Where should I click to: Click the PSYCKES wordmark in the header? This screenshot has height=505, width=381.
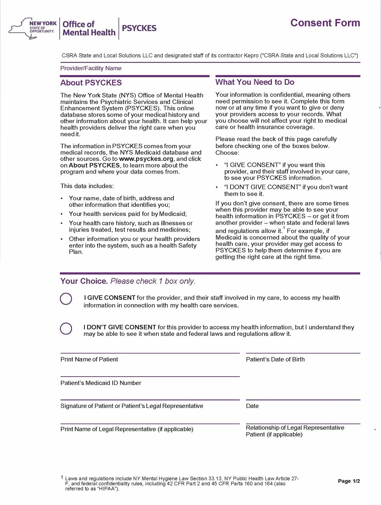point(139,28)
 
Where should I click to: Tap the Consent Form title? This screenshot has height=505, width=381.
point(325,23)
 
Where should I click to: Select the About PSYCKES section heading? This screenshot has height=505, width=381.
point(91,83)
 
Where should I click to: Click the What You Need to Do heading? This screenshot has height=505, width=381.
point(255,82)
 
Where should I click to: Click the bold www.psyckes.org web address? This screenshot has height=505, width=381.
point(146,159)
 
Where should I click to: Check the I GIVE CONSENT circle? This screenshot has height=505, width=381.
point(66,299)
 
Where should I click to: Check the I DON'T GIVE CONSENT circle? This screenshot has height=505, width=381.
point(66,329)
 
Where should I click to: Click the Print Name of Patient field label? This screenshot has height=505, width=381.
point(89,359)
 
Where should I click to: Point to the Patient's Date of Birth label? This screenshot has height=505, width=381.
point(275,359)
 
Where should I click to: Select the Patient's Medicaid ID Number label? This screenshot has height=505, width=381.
point(101,383)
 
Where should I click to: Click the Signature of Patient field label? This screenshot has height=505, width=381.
point(132,406)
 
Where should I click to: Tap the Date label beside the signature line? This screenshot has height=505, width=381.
point(252,406)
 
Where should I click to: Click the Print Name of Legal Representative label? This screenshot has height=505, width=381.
point(127,429)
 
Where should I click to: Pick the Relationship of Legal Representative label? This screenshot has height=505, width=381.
point(295,428)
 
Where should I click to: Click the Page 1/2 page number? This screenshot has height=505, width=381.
point(349,481)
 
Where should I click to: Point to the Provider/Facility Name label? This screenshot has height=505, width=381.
point(91,68)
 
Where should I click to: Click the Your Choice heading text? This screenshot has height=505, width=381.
point(84,281)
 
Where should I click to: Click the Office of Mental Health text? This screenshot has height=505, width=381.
point(89,28)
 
